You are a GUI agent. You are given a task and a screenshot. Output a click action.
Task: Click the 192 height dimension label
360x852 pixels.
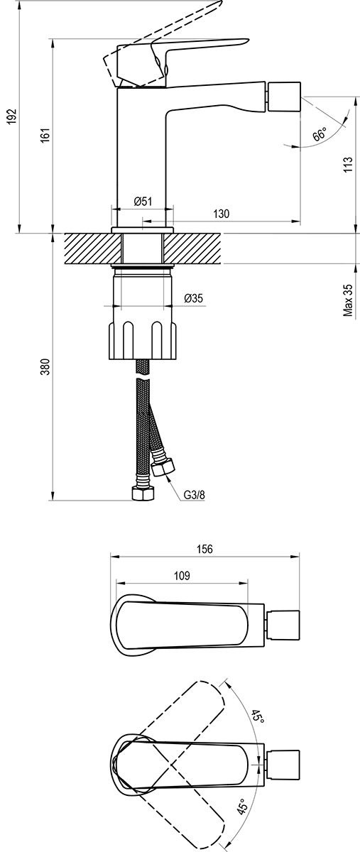tap(13, 116)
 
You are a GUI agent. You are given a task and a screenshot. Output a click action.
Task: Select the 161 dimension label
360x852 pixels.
tap(45, 136)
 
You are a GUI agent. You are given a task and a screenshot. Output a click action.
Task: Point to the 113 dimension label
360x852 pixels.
tap(348, 164)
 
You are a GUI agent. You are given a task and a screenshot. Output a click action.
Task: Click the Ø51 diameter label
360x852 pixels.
tap(143, 201)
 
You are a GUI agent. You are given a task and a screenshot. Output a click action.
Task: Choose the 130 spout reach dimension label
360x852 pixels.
tap(221, 214)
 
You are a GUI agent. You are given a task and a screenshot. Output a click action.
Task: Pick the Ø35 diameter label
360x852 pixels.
tap(194, 298)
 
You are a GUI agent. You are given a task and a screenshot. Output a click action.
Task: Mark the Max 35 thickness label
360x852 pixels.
tap(348, 300)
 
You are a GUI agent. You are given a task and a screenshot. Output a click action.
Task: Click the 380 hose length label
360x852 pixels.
tap(45, 367)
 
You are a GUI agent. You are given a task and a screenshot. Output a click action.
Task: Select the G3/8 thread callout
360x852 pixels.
tap(195, 496)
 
